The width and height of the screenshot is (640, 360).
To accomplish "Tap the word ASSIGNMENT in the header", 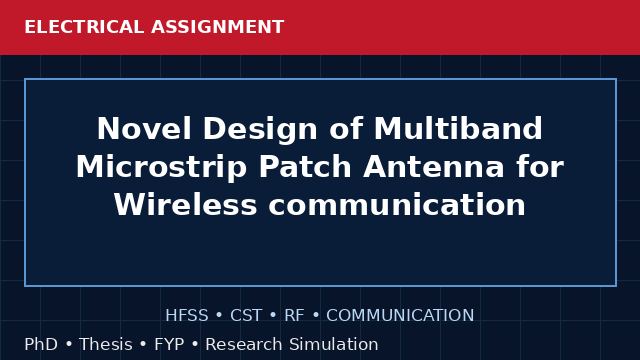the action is [217, 27].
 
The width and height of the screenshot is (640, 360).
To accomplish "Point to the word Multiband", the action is [458, 129].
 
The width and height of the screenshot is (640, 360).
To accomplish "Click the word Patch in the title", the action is [305, 167].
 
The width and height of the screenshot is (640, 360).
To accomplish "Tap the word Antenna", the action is [434, 167].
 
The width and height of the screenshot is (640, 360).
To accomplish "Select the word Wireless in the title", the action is [186, 204].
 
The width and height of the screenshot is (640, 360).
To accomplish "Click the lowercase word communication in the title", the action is [397, 204].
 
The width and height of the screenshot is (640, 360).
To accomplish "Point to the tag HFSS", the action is [187, 316].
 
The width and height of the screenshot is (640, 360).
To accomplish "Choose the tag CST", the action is [246, 316].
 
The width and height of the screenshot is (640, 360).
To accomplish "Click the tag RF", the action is [294, 316].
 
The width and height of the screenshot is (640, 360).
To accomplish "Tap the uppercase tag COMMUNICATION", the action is [400, 316].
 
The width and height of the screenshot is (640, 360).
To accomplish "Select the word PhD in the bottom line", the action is [41, 344].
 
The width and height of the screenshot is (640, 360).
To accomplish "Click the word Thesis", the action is [106, 344].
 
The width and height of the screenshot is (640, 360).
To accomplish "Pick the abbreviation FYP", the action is [169, 344].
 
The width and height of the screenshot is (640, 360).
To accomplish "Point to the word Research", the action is [244, 344].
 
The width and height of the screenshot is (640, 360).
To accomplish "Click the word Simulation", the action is [334, 344].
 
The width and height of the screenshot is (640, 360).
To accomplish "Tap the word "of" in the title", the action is [346, 129].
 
